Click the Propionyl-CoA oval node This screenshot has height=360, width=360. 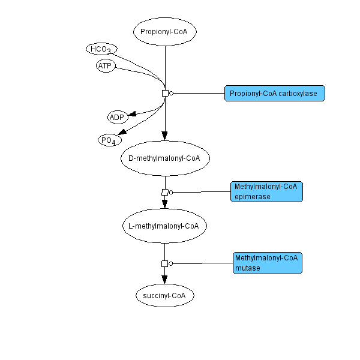[x=165, y=32]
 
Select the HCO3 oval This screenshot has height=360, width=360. [x=101, y=49]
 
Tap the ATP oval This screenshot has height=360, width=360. [x=106, y=66]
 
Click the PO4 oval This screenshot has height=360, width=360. [x=109, y=140]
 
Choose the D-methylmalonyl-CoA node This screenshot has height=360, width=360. [x=165, y=158]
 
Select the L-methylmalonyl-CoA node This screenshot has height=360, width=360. [x=164, y=226]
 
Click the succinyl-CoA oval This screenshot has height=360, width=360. [x=165, y=295]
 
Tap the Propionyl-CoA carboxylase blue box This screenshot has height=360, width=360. [x=275, y=93]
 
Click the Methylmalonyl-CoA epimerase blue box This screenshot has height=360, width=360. [x=266, y=191]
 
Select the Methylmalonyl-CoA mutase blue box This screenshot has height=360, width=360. [x=267, y=263]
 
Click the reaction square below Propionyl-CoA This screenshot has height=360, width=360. [x=165, y=93]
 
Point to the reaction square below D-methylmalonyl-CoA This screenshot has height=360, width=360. [x=165, y=192]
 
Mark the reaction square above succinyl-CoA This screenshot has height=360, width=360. [x=165, y=263]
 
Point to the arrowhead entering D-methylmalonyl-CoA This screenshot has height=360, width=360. [x=165, y=136]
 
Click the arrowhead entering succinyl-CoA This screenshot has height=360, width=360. [x=165, y=279]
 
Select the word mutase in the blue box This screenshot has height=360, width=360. [x=248, y=268]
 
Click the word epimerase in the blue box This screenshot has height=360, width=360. [x=253, y=197]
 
